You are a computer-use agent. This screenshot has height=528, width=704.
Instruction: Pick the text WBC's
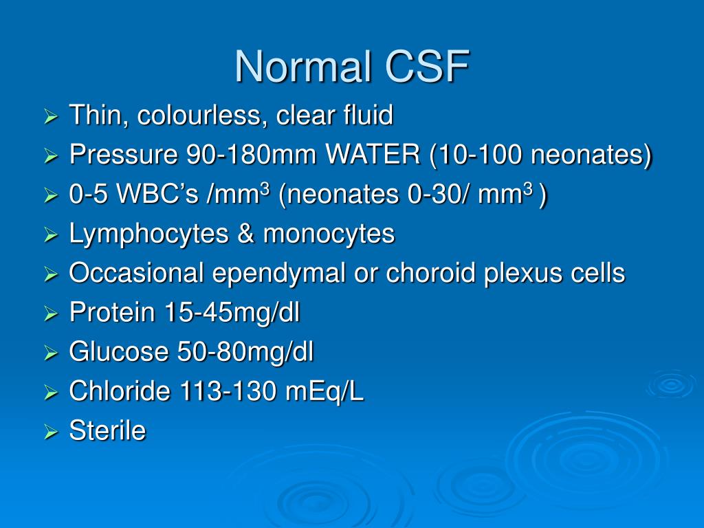155,196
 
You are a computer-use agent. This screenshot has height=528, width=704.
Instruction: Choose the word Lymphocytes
148,234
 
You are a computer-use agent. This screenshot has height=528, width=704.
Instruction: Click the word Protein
112,313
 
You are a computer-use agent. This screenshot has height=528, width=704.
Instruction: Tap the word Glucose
119,353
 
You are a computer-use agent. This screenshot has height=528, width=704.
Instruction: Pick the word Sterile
108,432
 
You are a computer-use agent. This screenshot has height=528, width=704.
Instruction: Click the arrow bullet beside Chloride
51,393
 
